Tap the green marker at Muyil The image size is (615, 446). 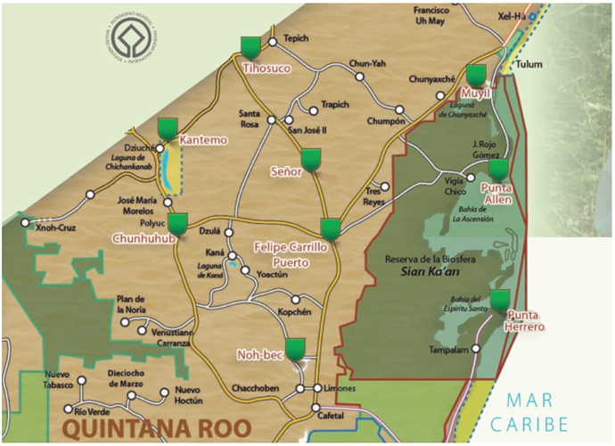(476, 75)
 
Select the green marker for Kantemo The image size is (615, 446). (167, 128)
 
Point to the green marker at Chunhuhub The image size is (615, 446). (178, 224)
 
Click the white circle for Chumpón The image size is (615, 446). (400, 111)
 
